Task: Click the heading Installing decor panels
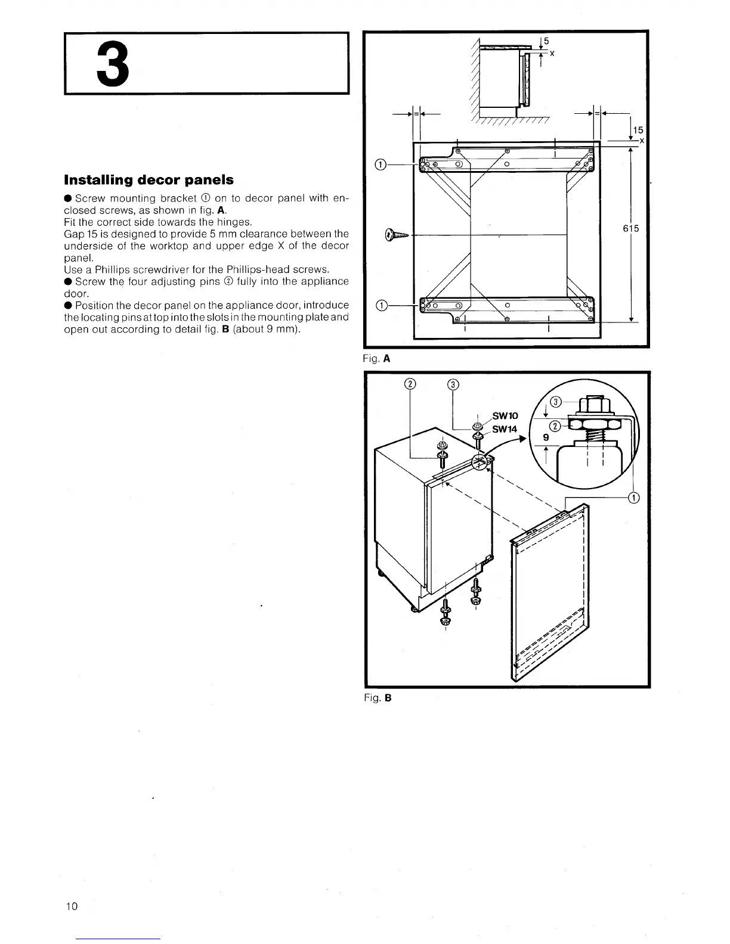149,180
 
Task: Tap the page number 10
72,907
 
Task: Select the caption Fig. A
378,359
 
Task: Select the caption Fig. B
378,697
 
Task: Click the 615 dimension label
631,228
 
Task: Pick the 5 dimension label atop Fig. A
546,41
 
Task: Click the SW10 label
505,415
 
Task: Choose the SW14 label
505,429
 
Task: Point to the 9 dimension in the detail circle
546,437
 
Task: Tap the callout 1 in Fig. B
633,498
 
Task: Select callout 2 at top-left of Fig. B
409,384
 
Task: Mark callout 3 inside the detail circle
555,402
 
